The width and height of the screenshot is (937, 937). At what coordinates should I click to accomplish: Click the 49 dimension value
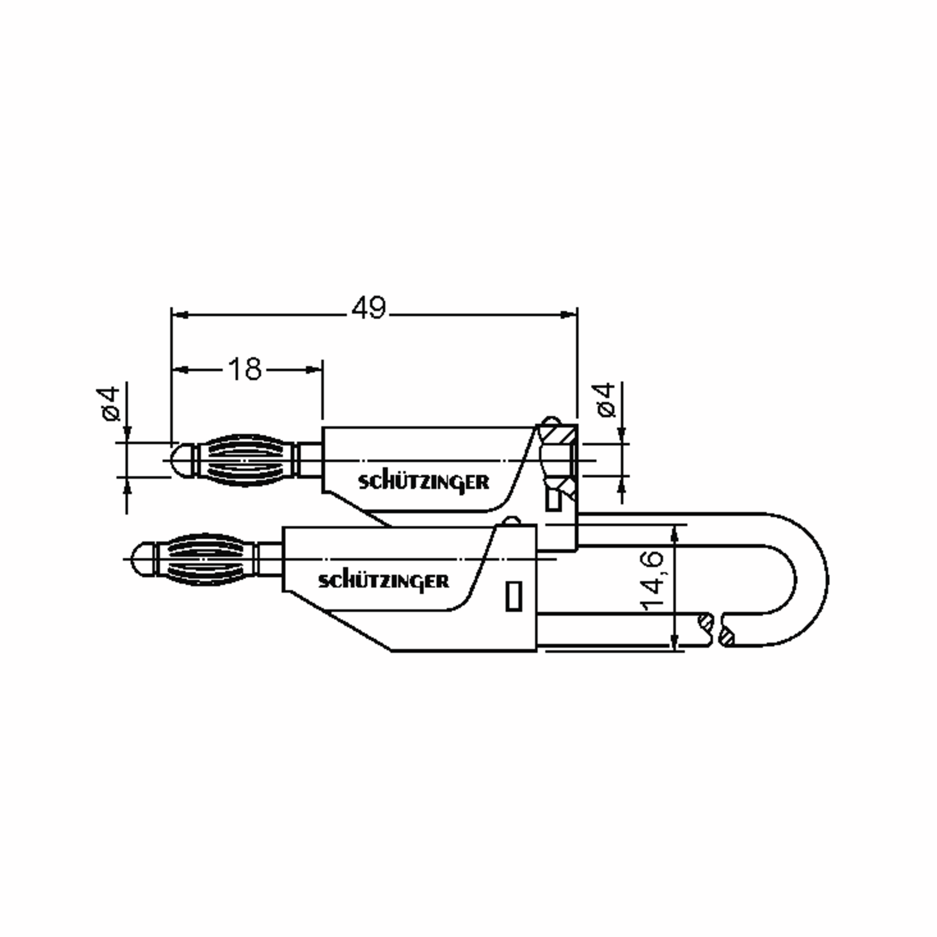(x=369, y=308)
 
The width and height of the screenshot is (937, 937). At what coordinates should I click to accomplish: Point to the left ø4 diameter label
(x=111, y=404)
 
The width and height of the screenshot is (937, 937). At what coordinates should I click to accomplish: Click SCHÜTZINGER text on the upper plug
(x=423, y=483)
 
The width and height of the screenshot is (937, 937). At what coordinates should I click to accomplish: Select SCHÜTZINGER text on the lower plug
(x=383, y=581)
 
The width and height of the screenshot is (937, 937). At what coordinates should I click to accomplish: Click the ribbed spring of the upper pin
(x=246, y=460)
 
